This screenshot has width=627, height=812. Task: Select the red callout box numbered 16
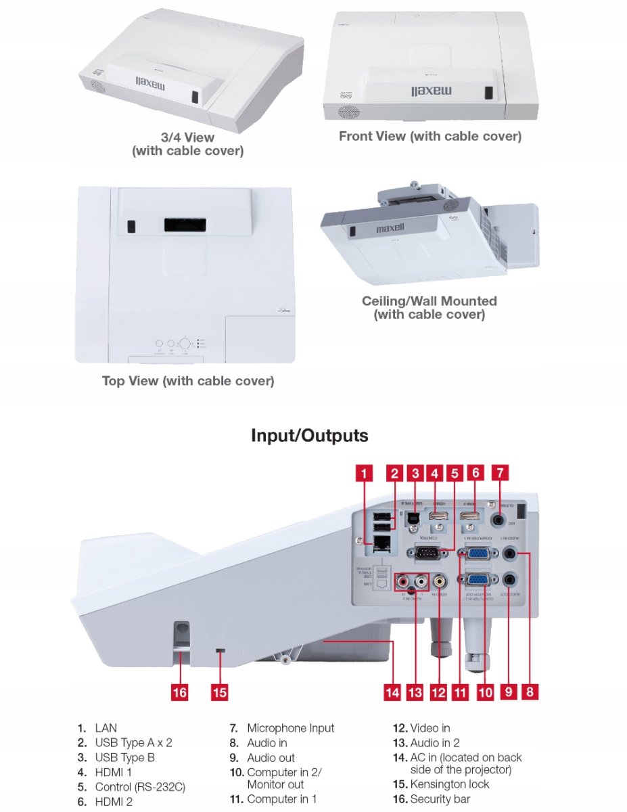(179, 692)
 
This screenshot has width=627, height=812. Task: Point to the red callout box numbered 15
(219, 692)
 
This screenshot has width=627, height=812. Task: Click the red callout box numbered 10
(485, 692)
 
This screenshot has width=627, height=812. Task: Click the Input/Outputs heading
(310, 435)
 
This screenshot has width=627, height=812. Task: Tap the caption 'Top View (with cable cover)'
(188, 381)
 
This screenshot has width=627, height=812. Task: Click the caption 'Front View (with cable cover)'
(430, 136)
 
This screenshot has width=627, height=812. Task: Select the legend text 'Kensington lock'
(449, 784)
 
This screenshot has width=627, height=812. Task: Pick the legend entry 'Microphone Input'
(290, 728)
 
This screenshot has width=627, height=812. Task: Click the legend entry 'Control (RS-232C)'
(139, 787)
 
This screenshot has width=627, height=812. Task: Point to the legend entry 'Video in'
(429, 728)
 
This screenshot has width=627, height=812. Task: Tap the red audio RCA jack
(404, 580)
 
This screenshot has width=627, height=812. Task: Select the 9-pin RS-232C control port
(426, 553)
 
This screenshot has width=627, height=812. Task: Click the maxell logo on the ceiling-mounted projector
(390, 229)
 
